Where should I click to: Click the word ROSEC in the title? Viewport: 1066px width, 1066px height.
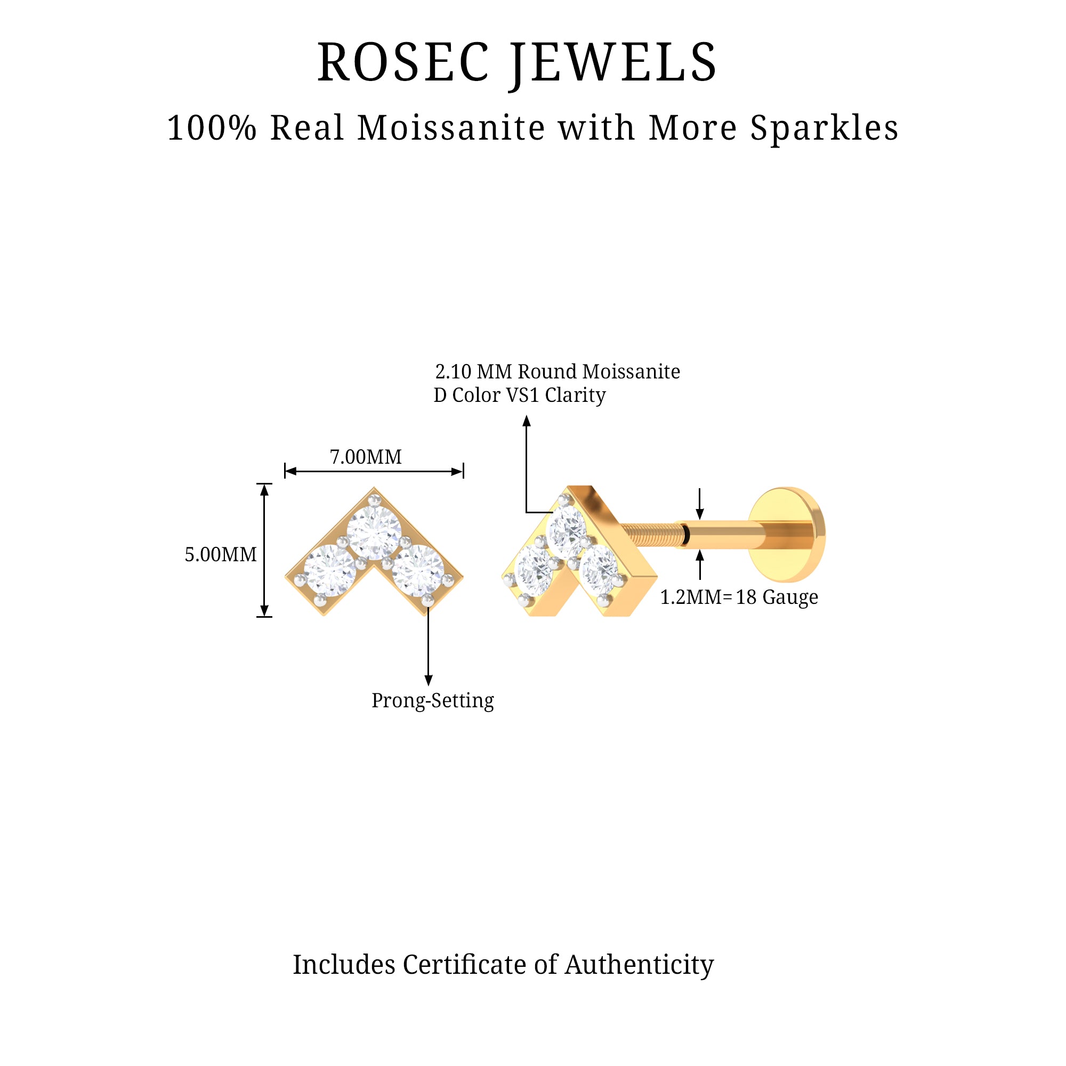click(x=403, y=63)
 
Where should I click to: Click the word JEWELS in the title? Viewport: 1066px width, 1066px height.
click(x=613, y=63)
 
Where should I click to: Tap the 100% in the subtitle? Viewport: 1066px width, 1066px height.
click(x=212, y=128)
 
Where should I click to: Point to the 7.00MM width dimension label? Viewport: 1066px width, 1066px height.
click(x=365, y=457)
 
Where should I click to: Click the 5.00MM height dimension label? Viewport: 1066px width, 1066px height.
click(x=220, y=554)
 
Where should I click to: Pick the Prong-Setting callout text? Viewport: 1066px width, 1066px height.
click(x=433, y=700)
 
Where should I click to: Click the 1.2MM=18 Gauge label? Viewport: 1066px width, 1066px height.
click(x=739, y=597)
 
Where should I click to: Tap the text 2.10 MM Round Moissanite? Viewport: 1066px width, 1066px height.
click(x=558, y=372)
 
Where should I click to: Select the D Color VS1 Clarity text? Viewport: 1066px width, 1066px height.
click(x=519, y=395)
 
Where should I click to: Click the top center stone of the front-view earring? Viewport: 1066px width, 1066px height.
click(x=374, y=530)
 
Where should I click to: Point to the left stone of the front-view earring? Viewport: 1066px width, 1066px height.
click(x=330, y=570)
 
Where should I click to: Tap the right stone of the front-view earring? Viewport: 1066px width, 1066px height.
click(x=418, y=570)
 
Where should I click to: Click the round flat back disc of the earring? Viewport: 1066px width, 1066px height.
click(x=788, y=534)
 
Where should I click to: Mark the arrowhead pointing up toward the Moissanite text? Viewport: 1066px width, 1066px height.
click(x=527, y=422)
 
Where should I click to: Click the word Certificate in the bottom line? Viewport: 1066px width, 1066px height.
click(x=465, y=965)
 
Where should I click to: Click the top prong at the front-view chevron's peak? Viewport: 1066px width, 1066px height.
click(x=375, y=499)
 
